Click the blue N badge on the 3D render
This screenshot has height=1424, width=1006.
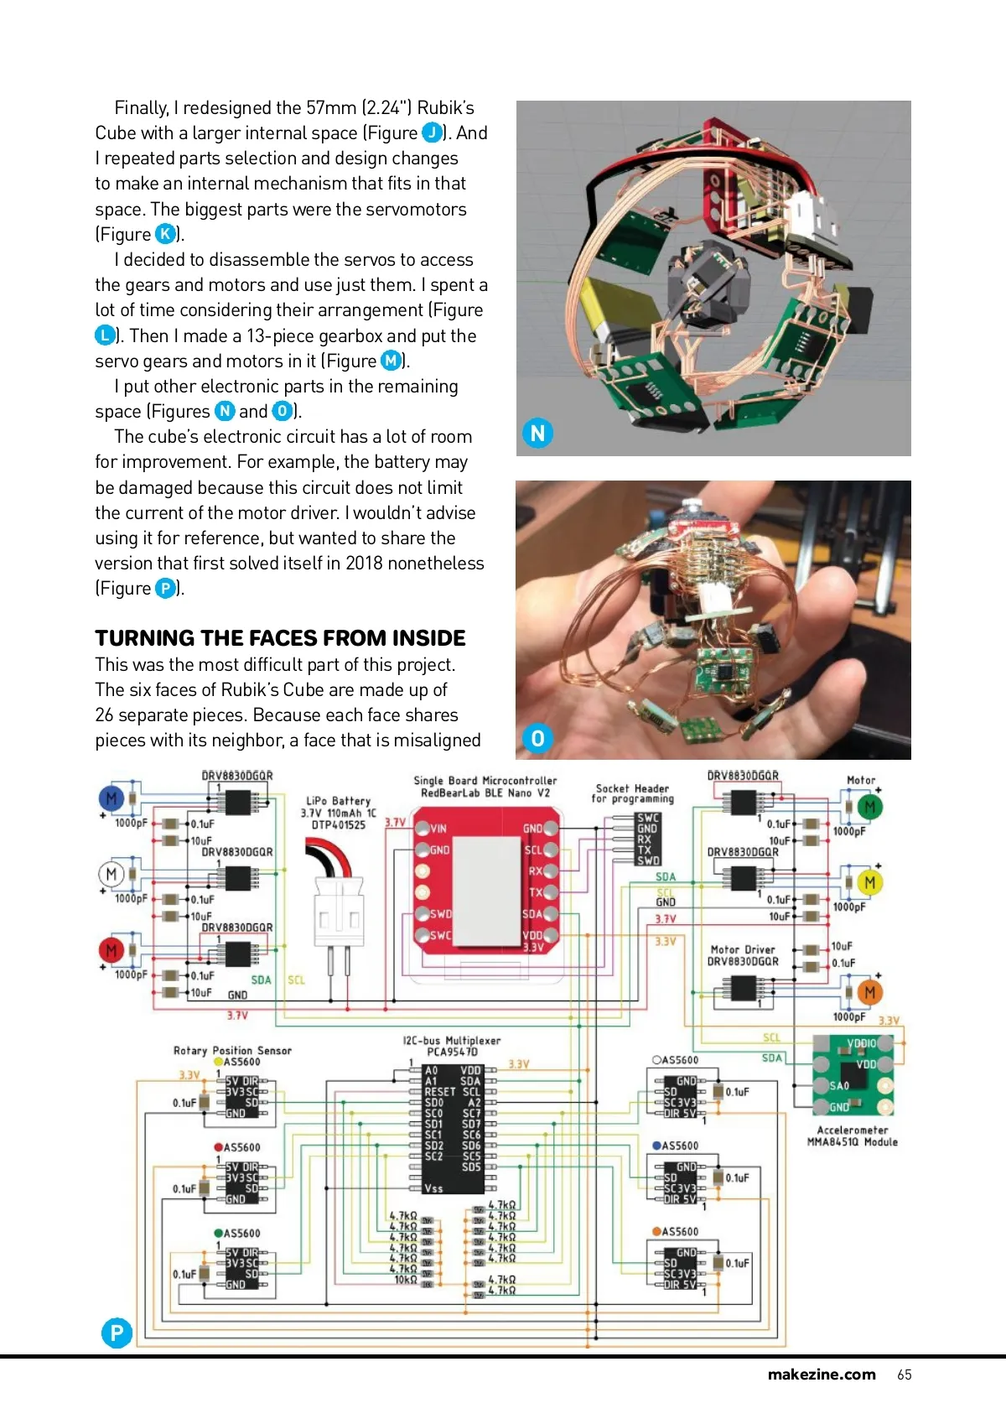(537, 433)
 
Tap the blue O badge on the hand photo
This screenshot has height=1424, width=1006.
(537, 738)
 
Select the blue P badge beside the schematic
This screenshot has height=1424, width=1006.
(117, 1332)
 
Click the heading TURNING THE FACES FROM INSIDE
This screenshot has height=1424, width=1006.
(280, 638)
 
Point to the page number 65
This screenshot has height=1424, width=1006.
(904, 1375)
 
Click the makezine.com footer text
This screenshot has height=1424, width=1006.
(821, 1375)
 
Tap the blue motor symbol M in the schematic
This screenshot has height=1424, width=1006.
(111, 798)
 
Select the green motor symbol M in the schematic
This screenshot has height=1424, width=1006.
(869, 807)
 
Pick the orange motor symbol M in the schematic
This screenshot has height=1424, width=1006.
(869, 992)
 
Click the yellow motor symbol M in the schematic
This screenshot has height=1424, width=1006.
(869, 882)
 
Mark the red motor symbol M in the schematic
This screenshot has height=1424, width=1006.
(111, 950)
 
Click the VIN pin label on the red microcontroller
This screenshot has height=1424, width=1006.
(438, 829)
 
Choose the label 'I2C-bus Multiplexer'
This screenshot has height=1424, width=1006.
(451, 1041)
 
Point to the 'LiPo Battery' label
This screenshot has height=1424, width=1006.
(338, 801)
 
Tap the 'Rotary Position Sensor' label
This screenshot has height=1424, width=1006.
(232, 1050)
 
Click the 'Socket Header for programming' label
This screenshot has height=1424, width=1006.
(632, 793)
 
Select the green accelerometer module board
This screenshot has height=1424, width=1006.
(853, 1075)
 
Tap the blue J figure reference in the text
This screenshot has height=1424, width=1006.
(432, 133)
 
